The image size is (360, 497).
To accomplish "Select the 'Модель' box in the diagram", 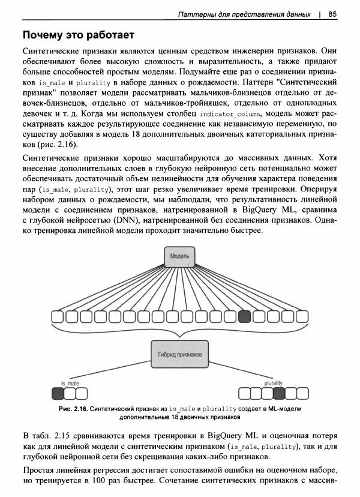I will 180,256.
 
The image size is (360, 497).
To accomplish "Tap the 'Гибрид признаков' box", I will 180,354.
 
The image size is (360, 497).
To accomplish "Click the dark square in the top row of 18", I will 244,316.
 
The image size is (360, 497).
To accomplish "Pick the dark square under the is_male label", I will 58,394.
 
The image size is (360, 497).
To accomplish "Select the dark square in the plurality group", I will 279,394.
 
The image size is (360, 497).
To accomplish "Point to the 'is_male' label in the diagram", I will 70,383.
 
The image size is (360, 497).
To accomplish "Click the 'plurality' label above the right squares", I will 273,383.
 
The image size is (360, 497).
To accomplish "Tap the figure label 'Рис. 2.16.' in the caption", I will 73,408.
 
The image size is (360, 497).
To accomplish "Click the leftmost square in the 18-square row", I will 58,316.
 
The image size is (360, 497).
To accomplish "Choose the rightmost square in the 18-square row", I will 302,316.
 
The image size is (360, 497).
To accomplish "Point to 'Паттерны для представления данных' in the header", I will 245,14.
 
